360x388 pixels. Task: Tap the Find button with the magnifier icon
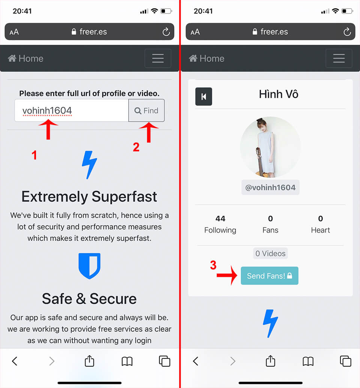146,111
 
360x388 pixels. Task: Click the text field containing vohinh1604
71,111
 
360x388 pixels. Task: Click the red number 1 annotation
34,155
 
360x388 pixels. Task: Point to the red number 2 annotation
136,147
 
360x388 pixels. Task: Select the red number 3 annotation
213,265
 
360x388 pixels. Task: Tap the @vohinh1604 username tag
270,187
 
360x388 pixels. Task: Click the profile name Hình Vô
278,94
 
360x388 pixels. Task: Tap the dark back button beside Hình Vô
204,96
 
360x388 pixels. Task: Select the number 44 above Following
220,218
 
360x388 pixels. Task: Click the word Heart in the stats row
320,230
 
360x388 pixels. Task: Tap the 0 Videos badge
270,254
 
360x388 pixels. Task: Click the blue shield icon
89,266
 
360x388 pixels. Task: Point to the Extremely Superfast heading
89,197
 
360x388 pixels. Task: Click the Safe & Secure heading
89,299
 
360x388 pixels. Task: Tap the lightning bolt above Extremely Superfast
89,165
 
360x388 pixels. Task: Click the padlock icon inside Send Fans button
289,276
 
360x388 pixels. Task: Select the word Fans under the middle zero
270,230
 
